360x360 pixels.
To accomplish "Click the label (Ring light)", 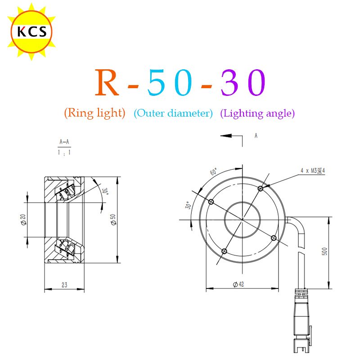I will coord(94,113).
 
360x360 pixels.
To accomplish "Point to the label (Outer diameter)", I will coord(173,113).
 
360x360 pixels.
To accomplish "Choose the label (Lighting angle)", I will coord(257,113).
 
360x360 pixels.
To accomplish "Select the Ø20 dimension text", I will coord(23,220).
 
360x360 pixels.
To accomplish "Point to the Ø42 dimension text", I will coord(238,284).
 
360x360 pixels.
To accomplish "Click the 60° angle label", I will coord(213,172).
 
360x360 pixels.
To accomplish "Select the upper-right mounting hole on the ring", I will coord(260,188).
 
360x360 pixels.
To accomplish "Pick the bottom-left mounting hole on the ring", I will coord(225,251).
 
